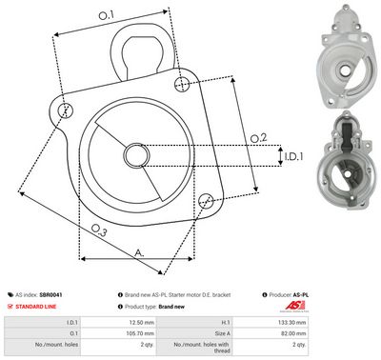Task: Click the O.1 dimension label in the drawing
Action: (106, 15)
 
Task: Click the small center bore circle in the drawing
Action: (134, 154)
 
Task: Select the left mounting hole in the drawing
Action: (65, 110)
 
